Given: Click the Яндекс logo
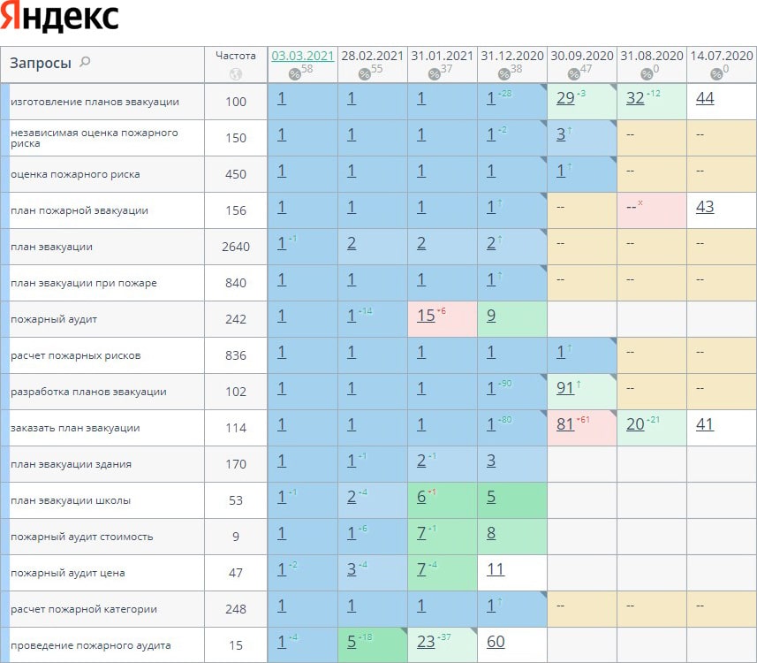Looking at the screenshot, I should (x=61, y=19).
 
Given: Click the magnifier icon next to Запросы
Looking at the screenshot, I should (x=86, y=62).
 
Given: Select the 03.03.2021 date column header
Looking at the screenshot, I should (x=303, y=55).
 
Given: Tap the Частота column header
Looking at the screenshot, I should (x=236, y=55).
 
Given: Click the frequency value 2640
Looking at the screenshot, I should (x=236, y=247).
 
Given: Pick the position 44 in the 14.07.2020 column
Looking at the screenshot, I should (x=705, y=98).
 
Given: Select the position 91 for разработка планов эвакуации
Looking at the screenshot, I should (x=565, y=388).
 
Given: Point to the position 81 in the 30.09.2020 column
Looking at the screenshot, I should (x=565, y=424).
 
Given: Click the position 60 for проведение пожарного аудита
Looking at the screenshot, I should (x=496, y=642).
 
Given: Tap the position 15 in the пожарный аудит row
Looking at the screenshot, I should (x=426, y=316).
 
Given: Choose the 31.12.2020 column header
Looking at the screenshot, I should (x=512, y=55).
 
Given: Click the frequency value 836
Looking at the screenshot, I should (x=236, y=355).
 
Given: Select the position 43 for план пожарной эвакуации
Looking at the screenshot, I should (x=705, y=207).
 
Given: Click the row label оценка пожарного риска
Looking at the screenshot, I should (x=75, y=174).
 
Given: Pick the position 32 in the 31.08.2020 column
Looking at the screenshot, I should (x=635, y=98).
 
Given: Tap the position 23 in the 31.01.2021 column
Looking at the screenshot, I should (x=426, y=642).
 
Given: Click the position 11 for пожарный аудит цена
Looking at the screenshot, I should (x=496, y=569).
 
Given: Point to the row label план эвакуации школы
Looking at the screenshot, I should (x=71, y=500).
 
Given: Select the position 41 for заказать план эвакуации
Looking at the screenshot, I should (x=705, y=424).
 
